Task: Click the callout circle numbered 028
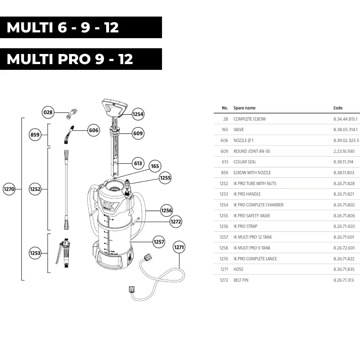[48, 112]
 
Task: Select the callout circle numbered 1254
[138, 114]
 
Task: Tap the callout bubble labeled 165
[155, 166]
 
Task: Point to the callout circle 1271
[179, 247]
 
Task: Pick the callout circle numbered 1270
[9, 189]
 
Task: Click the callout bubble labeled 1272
[176, 222]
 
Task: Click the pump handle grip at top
[115, 105]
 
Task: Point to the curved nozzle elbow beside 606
[68, 135]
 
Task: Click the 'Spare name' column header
[244, 108]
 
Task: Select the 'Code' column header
[338, 108]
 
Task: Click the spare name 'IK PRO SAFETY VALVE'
[252, 216]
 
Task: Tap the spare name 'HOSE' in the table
[238, 269]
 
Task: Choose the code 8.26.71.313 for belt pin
[344, 280]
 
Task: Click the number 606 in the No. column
[224, 140]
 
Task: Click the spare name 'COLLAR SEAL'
[245, 162]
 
